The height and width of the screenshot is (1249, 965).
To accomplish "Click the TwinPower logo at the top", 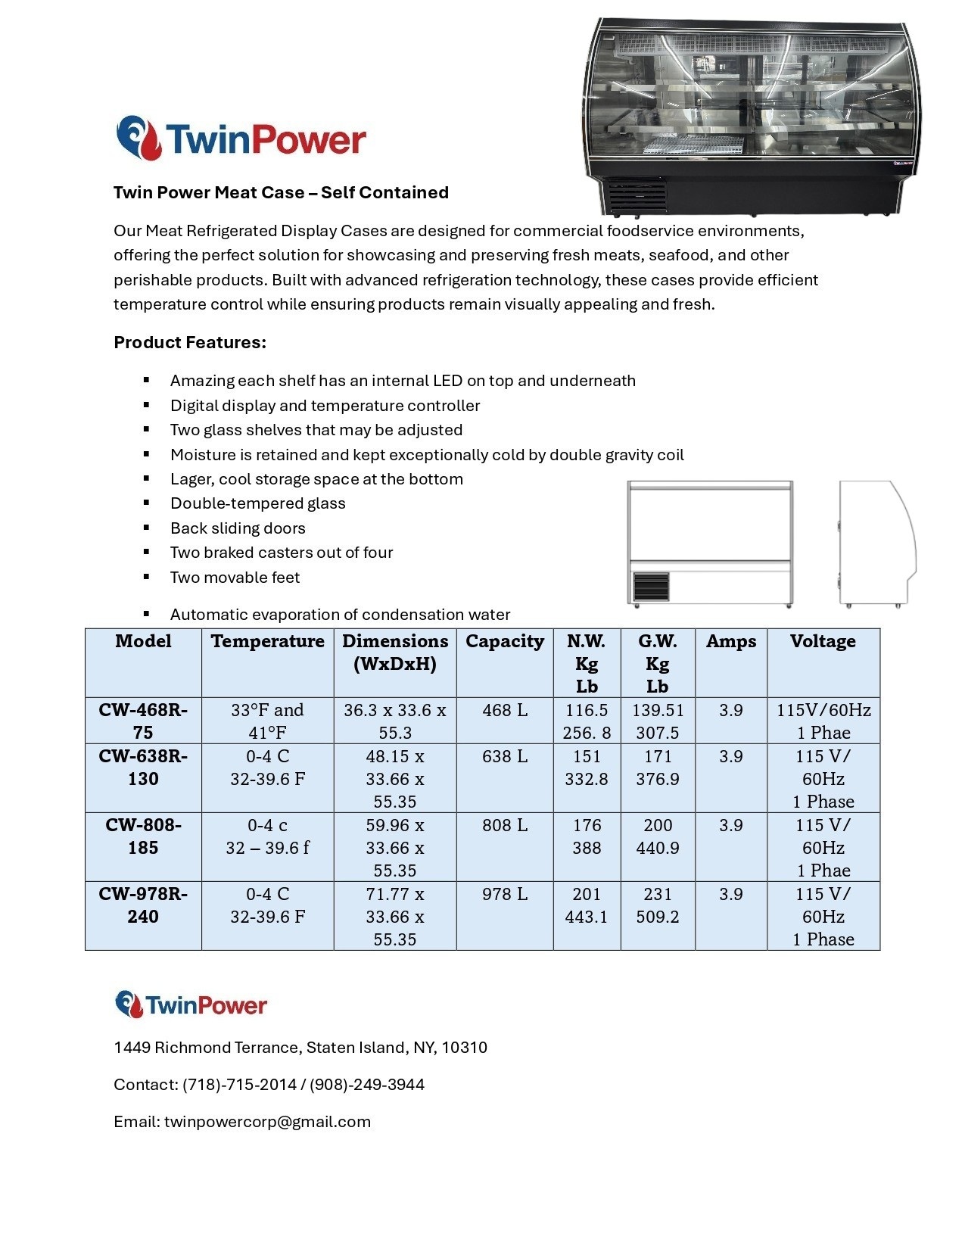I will pos(241,139).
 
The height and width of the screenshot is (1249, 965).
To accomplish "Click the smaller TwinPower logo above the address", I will pos(191,1004).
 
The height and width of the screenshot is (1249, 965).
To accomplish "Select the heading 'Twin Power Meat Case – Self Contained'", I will pos(281,192).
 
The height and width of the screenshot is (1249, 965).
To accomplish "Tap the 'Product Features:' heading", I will pos(190,342).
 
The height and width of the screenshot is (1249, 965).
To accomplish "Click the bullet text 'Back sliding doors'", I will pos(238,528).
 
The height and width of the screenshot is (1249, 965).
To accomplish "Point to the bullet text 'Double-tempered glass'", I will pos(257,503).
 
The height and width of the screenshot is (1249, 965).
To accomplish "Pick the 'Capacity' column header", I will pos(505,641).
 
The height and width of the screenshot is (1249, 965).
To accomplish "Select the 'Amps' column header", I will pos(730,641).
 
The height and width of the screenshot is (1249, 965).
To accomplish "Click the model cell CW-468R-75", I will pos(143,721).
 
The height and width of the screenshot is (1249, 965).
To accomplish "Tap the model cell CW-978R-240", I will pos(143,905).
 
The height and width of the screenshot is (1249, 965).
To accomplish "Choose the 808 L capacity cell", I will pos(505,825).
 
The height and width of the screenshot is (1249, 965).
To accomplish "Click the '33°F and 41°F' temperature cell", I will pos(267,721).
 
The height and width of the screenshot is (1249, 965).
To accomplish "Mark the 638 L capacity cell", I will pos(505,756).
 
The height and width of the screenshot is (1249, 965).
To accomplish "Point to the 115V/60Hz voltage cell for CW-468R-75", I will pos(823,721).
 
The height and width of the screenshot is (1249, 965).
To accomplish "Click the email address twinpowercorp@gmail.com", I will pos(267,1122).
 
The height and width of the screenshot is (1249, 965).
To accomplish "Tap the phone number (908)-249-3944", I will pos(367,1085).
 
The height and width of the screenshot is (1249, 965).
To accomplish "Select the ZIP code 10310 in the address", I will pos(465,1048).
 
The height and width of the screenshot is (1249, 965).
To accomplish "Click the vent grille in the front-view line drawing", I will pos(651,587).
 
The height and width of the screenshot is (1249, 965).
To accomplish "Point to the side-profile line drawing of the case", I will pos(876,543).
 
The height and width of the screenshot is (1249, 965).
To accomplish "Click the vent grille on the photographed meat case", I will pos(636,195).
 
